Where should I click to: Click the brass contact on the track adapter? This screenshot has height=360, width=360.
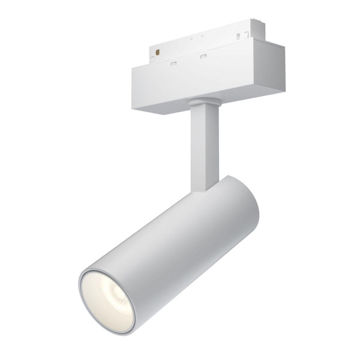pos(158,53)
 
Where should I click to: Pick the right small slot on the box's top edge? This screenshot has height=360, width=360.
pos(203,57)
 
